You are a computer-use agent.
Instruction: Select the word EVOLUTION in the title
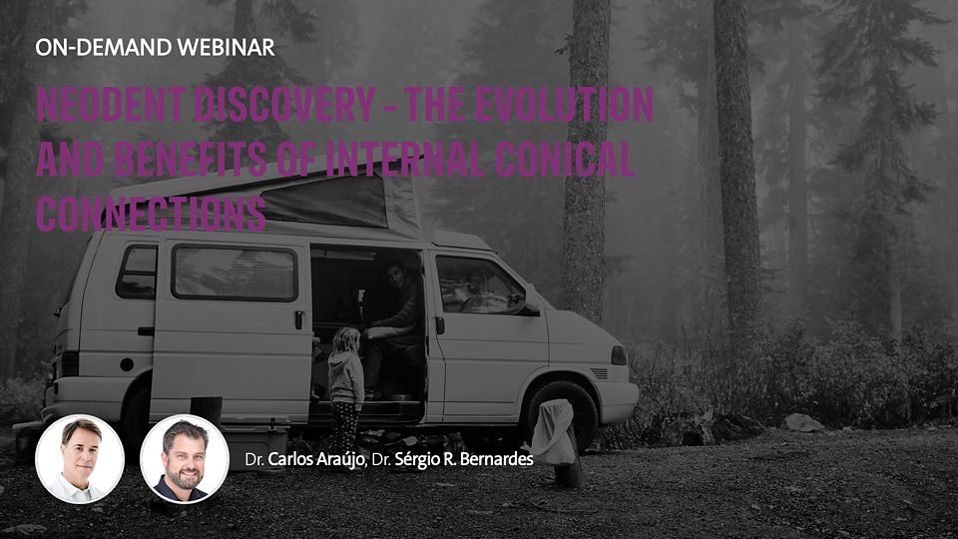tap(564, 104)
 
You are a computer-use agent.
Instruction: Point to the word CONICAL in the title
tap(564, 159)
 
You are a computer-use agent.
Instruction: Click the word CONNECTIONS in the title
tap(151, 214)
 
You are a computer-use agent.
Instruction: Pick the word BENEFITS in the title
tap(190, 159)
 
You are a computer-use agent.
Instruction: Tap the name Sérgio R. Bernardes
tap(464, 459)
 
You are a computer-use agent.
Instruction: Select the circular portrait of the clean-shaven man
tap(80, 459)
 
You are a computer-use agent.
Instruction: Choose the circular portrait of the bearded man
tap(185, 459)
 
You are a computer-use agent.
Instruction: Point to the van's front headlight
tap(619, 355)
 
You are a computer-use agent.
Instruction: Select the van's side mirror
tap(530, 300)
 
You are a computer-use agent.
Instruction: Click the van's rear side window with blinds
tap(235, 272)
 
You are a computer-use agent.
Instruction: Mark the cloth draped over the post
tap(554, 432)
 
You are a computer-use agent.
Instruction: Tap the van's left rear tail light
tap(70, 363)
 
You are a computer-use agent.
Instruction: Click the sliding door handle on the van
tap(298, 319)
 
